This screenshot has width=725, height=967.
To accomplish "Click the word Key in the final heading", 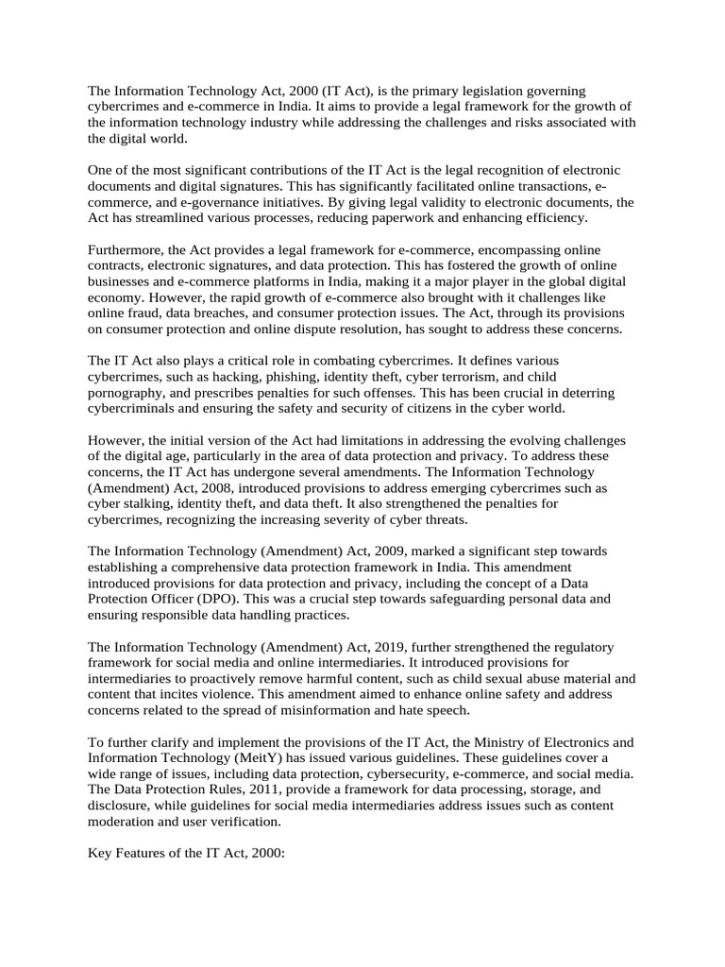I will click(100, 853).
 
